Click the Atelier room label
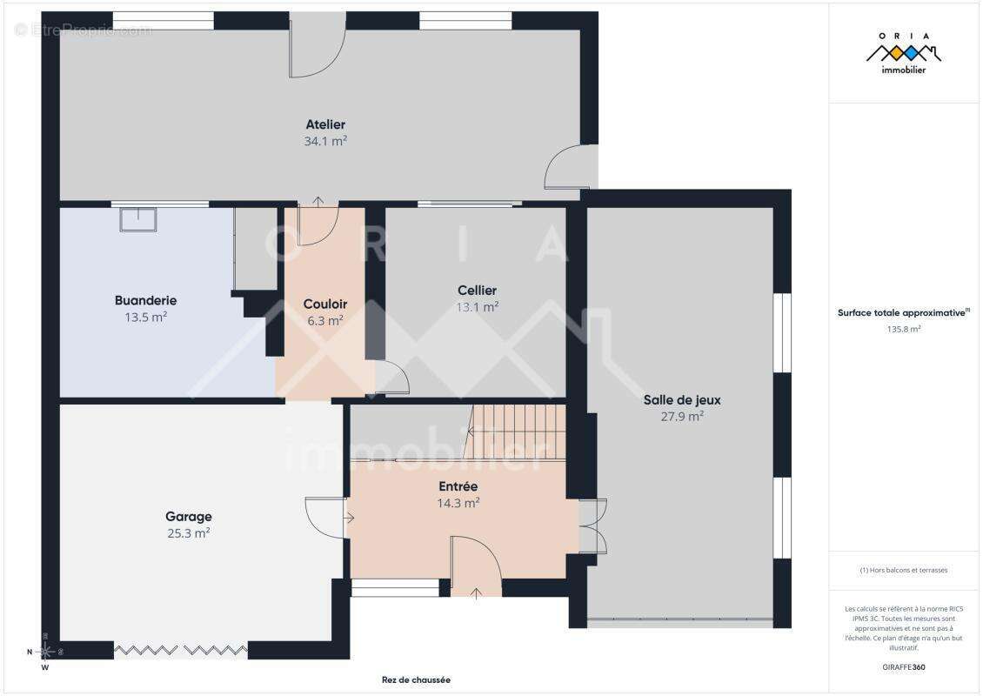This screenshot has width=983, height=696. pos(325,124)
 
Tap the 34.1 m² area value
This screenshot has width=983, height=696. pos(325,140)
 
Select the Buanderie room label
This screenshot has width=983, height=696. pos(145,301)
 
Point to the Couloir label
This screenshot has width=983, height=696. pos(325,304)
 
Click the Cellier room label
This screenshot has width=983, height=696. pos(477,291)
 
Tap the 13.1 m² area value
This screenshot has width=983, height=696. pos(477,307)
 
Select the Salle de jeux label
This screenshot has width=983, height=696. pos(682,400)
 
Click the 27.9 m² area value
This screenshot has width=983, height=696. pos(682,417)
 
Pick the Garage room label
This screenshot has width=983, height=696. pos(189,517)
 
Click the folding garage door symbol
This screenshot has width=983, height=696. pos(180,649)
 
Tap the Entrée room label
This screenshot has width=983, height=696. pos(458,486)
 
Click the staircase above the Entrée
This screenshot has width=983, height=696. pos(518,432)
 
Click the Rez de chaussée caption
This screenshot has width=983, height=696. pos(416,680)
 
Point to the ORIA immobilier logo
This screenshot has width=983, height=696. pos(903,53)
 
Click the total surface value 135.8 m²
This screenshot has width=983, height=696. pos(904,330)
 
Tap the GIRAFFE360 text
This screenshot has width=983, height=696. pos(904,667)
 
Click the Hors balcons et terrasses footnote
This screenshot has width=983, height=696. pos(904,571)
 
